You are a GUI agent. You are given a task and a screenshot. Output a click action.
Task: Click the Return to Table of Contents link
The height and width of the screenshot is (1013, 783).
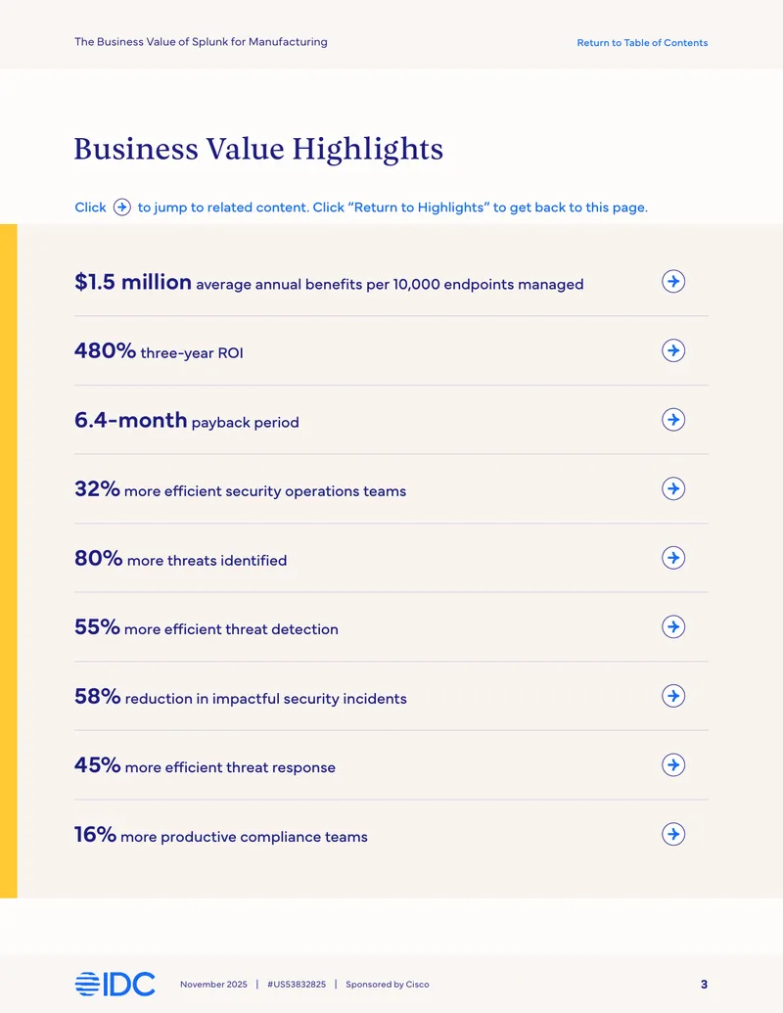(x=642, y=43)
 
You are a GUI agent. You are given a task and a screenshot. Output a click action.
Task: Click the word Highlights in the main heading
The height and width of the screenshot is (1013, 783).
(x=368, y=150)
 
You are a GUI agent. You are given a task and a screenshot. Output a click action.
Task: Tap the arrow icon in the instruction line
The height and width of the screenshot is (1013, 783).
(x=122, y=207)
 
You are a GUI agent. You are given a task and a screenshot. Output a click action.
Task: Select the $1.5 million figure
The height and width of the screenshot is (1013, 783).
(x=133, y=282)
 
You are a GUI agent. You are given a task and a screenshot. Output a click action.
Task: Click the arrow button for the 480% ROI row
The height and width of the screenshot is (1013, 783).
(x=673, y=350)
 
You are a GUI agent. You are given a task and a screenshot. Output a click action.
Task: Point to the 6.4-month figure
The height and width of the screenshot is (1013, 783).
(x=130, y=420)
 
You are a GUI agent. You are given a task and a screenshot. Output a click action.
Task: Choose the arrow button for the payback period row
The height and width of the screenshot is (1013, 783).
(x=673, y=420)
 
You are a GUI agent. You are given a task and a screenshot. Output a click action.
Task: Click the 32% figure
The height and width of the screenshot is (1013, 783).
(x=97, y=489)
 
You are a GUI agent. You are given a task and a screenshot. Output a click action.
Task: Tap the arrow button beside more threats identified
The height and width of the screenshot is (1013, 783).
(x=673, y=558)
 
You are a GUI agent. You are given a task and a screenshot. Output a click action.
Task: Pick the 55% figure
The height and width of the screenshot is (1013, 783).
(x=97, y=626)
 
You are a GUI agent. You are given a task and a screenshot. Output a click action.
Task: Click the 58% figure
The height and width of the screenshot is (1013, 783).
(x=98, y=696)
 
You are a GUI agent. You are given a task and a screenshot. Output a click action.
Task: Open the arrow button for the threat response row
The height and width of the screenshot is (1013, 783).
(x=673, y=765)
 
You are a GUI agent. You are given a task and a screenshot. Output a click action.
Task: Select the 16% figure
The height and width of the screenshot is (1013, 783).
(x=95, y=834)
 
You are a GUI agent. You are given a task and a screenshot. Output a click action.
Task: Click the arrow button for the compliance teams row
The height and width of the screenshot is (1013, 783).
(x=673, y=834)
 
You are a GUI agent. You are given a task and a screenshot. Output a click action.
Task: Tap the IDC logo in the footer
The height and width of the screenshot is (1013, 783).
(x=115, y=984)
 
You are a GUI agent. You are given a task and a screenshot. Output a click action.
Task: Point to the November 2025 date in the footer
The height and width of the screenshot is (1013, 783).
(x=213, y=985)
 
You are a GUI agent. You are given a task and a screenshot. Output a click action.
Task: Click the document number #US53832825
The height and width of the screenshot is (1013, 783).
(x=297, y=985)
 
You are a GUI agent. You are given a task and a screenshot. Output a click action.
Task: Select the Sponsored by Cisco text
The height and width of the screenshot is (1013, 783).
(x=388, y=985)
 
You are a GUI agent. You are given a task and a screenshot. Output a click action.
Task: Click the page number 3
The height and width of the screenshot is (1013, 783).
(x=704, y=985)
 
